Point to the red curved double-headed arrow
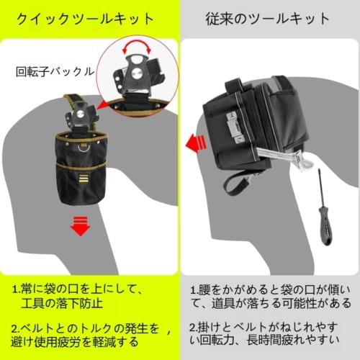pos(138,50)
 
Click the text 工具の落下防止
pos(59,303)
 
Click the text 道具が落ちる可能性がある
pos(276,303)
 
